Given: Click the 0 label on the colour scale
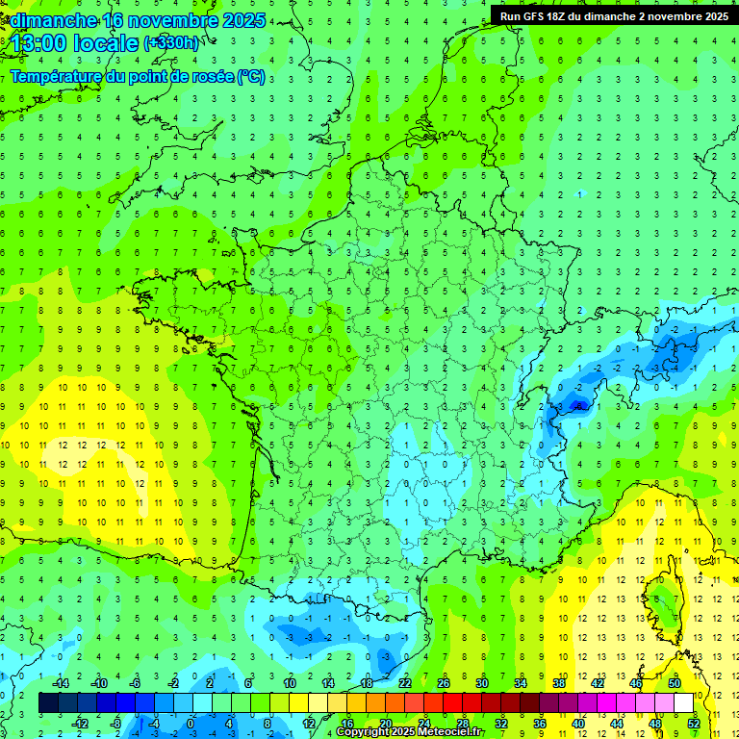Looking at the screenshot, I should tap(191, 723).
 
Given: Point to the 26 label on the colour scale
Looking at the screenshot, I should tap(444, 683).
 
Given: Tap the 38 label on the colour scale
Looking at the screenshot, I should tap(559, 683).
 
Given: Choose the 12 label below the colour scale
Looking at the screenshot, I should tap(308, 723).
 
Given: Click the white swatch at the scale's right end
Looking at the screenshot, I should tap(683, 703).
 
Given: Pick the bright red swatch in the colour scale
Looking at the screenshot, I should tap(452, 703).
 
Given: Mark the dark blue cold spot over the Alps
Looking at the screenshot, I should tap(577, 405).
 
